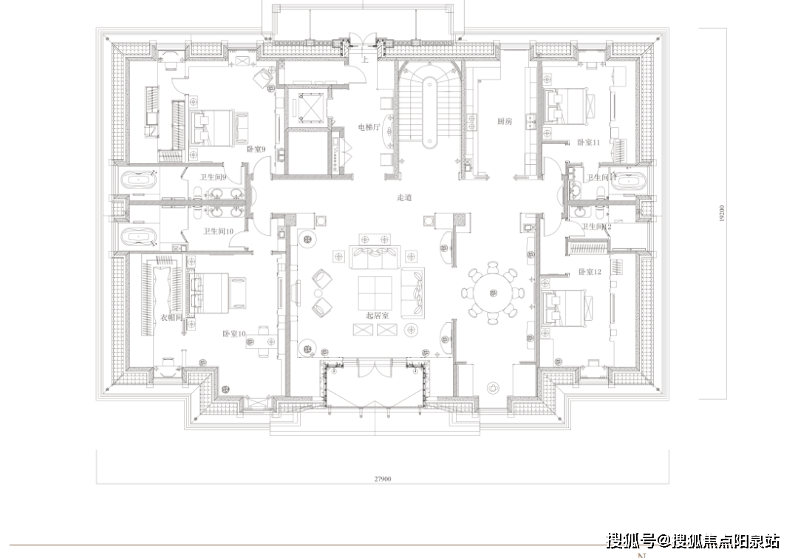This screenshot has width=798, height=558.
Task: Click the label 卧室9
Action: (x=256, y=149)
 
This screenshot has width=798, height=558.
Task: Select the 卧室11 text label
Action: (x=589, y=142)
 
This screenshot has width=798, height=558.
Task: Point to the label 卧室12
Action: (x=590, y=272)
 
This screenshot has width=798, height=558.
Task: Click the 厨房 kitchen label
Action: (x=505, y=122)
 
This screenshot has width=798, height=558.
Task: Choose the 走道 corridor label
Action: (x=404, y=197)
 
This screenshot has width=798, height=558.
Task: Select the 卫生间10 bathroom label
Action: (x=218, y=231)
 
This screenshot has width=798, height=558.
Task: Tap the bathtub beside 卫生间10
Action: (x=138, y=238)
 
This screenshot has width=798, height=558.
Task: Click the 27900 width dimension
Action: (x=382, y=478)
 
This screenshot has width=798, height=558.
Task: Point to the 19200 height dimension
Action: (x=720, y=214)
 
